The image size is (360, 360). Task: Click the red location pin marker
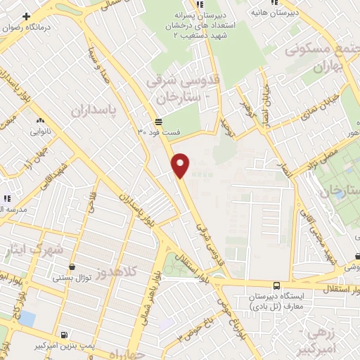pos(181,165)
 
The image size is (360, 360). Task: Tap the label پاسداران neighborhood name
pos(92,111)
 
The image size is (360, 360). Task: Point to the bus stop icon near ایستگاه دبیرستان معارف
pos(276,286)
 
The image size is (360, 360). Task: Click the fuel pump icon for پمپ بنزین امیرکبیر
pos(65,335)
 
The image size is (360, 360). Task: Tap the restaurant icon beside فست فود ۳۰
pos(149,120)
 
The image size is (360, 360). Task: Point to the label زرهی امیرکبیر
pos(332,337)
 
